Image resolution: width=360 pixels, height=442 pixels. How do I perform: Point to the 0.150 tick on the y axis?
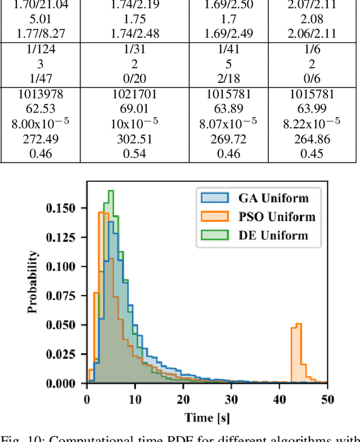(64, 208)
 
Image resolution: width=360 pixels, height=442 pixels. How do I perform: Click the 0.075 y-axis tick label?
(64, 296)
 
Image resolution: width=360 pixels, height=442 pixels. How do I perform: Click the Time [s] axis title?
(207, 417)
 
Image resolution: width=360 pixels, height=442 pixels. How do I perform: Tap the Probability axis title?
(34, 282)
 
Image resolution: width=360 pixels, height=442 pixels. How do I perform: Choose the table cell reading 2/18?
(226, 79)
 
